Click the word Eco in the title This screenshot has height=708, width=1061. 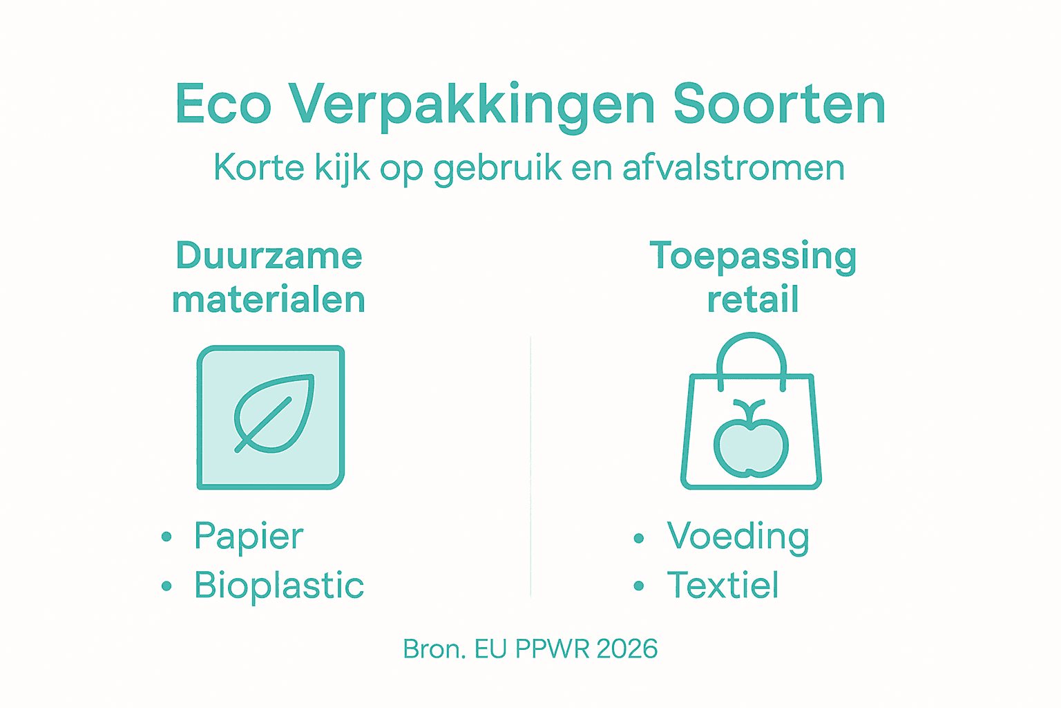(x=222, y=105)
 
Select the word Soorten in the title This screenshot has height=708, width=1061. (x=779, y=105)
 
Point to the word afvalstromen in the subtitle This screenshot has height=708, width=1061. (x=734, y=168)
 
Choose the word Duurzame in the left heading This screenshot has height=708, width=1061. (x=269, y=256)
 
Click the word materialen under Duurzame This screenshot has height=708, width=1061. (x=269, y=300)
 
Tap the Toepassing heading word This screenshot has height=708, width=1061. (x=753, y=257)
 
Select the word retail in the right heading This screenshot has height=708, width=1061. (x=753, y=300)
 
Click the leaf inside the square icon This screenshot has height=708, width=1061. (x=275, y=413)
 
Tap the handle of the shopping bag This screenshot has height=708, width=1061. (x=752, y=349)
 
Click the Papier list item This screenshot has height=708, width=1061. (x=249, y=537)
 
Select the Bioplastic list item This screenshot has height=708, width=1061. (x=279, y=586)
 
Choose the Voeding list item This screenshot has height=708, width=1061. (x=738, y=537)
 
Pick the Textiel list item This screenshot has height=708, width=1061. (x=723, y=586)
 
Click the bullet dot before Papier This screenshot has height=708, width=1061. (x=166, y=537)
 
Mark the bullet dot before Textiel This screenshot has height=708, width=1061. (x=638, y=586)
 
